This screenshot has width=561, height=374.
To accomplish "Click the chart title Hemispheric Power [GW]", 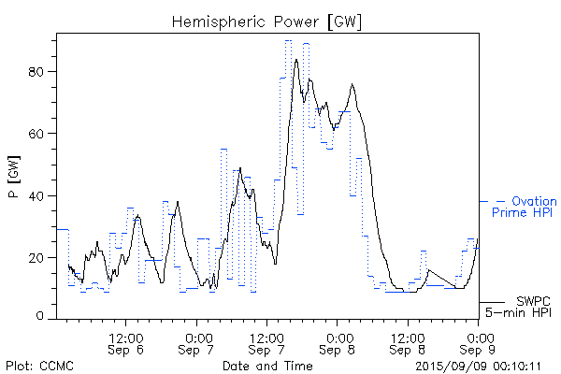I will click(x=267, y=21).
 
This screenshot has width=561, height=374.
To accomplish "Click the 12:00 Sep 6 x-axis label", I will click(x=126, y=343).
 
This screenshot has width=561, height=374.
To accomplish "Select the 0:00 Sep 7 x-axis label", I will click(x=197, y=343).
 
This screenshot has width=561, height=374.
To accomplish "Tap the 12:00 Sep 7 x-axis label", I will click(x=267, y=343).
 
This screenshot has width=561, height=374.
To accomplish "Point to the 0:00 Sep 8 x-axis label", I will click(x=338, y=343).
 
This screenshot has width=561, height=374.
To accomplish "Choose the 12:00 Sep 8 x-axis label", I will click(x=409, y=343).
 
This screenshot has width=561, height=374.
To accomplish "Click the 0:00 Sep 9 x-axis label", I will click(x=480, y=343).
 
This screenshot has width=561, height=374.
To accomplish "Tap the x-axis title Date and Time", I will click(x=267, y=365).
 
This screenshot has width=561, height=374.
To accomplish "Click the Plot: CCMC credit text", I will click(x=40, y=365).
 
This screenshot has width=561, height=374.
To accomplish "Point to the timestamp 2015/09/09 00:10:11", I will click(x=479, y=365).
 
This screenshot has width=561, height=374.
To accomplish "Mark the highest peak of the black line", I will click(x=296, y=60).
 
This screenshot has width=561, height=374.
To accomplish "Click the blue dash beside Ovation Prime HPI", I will click(x=501, y=201).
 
